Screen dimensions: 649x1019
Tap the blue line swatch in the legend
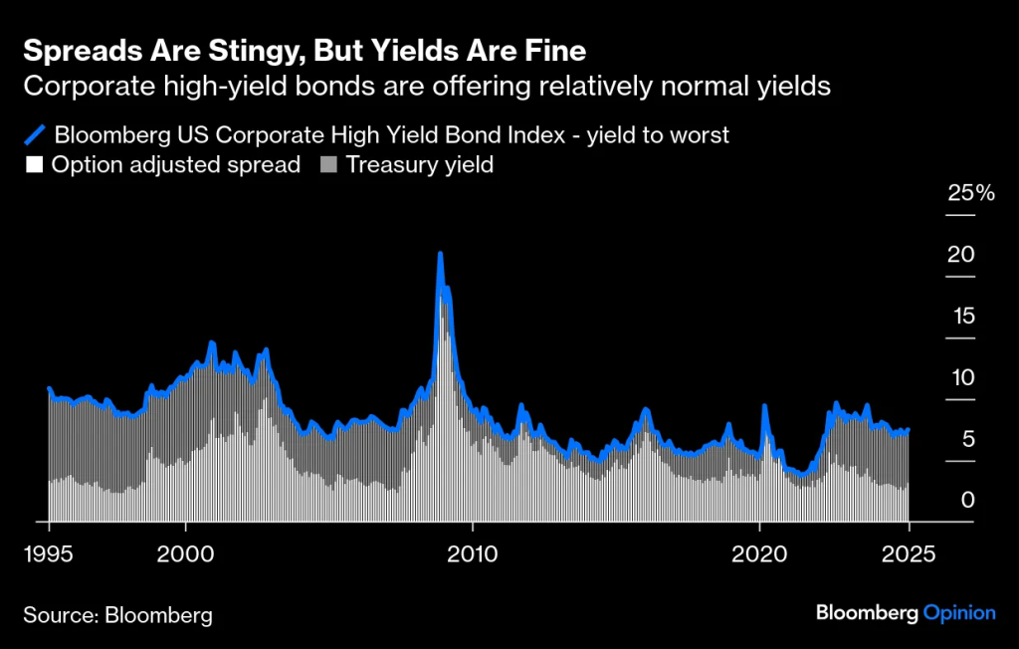click(x=35, y=134)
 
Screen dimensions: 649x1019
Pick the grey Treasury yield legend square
click(x=327, y=165)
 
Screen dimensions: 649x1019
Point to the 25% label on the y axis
click(x=970, y=193)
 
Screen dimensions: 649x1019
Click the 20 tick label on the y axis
click(x=959, y=255)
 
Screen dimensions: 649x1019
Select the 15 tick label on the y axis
click(x=959, y=317)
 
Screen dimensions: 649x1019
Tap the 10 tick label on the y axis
click(x=959, y=378)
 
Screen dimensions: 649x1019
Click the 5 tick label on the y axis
click(x=966, y=440)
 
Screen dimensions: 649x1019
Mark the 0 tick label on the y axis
click(x=966, y=501)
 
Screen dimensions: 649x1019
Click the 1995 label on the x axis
click(x=49, y=553)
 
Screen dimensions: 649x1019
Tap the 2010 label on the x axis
click(x=473, y=553)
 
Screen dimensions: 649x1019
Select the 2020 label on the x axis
click(x=758, y=553)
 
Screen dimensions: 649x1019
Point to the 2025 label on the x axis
click(x=908, y=553)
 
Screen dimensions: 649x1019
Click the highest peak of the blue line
click(x=440, y=255)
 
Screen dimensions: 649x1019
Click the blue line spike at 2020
click(x=764, y=406)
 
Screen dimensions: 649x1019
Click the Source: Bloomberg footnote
click(x=117, y=615)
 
